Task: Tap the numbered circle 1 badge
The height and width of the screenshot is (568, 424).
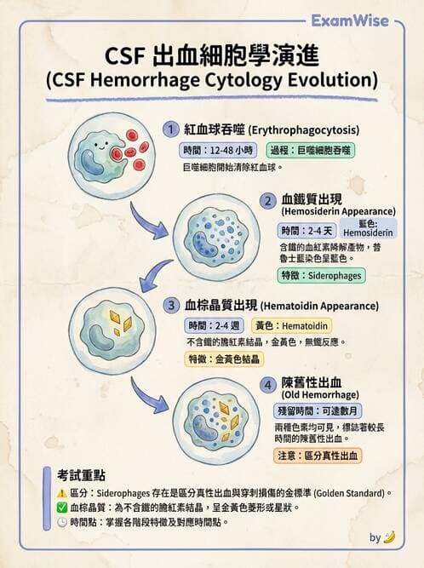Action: [x=171, y=129]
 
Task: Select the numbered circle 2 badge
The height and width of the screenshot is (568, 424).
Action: [x=267, y=202]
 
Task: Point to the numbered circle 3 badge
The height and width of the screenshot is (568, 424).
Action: [x=171, y=306]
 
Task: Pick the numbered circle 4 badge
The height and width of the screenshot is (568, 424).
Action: [x=268, y=385]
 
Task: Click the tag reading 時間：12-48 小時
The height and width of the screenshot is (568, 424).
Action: [x=211, y=150]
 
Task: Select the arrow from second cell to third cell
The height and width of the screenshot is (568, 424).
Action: [x=158, y=276]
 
